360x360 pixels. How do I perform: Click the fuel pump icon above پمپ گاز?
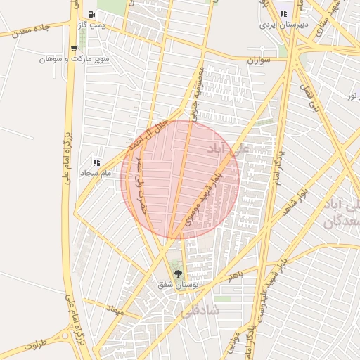pos(93,14)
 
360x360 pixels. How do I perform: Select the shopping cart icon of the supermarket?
pos(74,49)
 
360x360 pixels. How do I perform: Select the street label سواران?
pos(258,61)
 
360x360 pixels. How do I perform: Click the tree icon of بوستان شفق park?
pos(177,274)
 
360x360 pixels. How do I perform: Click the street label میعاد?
pos(115,310)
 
